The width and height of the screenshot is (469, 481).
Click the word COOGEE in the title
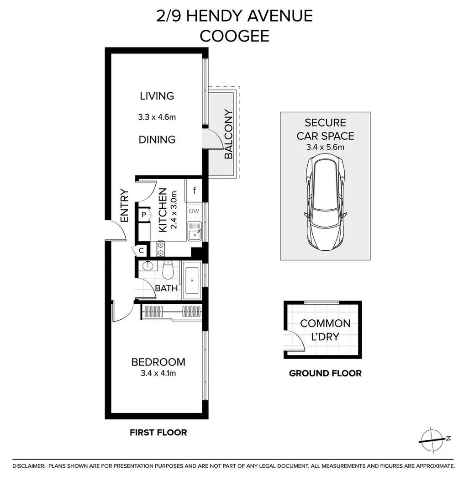(x=234, y=36)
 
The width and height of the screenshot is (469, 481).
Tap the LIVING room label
(x=157, y=96)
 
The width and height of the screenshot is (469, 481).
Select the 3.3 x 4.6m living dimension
(x=157, y=117)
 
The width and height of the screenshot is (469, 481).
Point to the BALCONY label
(x=228, y=134)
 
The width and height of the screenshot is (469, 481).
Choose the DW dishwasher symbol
(x=194, y=211)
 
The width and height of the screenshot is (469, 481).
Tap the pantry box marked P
(x=143, y=215)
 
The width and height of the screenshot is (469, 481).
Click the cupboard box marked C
(x=141, y=250)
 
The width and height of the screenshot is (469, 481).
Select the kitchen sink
(x=195, y=231)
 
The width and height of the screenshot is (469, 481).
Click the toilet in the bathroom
(x=168, y=270)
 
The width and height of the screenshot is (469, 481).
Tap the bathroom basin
(x=147, y=266)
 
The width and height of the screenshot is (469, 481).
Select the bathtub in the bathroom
(x=190, y=280)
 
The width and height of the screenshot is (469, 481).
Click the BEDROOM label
(x=158, y=362)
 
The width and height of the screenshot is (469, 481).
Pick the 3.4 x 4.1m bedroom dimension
(x=158, y=373)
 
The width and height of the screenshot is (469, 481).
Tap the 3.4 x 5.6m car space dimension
(x=325, y=147)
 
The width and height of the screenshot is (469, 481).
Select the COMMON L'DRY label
(x=325, y=330)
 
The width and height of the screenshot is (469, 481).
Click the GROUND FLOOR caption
(x=325, y=373)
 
